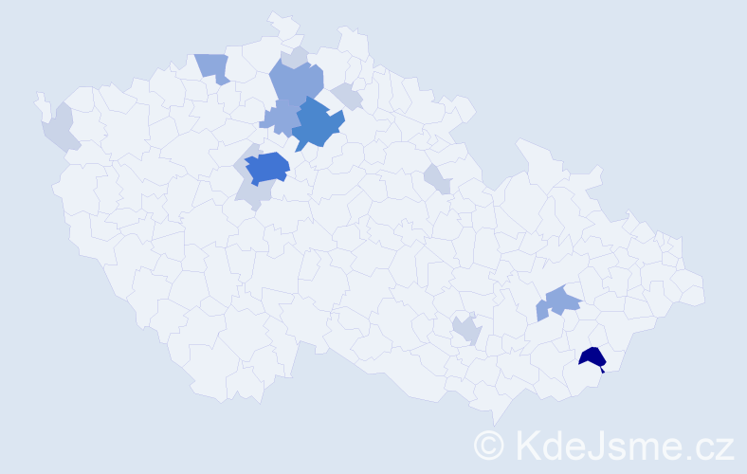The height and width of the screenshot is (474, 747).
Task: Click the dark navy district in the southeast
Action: point(593,357)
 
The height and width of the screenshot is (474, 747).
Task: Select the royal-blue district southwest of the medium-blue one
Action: point(266,167)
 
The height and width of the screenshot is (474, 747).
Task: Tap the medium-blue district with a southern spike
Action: point(316,123)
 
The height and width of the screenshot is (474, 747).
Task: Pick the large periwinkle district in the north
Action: point(295,83)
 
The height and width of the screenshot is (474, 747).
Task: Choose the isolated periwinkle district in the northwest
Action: point(213,66)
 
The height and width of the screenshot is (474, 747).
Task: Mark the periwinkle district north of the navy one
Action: point(560,301)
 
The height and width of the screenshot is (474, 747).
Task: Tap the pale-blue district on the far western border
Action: point(58,129)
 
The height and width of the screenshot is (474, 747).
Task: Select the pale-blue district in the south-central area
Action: point(466,330)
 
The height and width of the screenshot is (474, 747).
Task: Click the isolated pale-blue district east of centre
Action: point(437,177)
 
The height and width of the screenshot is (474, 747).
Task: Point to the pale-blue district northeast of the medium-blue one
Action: point(346,96)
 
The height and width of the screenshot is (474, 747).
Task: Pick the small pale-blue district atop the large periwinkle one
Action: point(296,57)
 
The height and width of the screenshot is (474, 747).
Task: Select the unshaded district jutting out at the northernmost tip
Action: point(280,23)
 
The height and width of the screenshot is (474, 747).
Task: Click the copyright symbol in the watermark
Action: point(490,444)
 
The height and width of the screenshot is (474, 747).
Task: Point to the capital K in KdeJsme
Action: point(524,444)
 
